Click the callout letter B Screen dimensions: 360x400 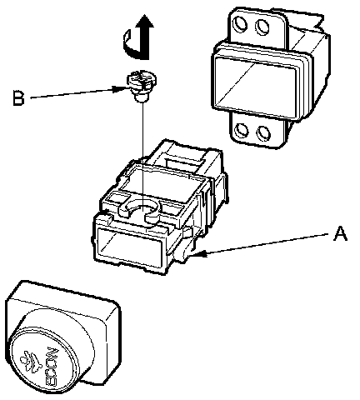click(18, 97)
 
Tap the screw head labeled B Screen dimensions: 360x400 click(142, 79)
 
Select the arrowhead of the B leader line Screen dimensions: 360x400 click(121, 89)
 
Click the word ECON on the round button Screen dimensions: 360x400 click(52, 367)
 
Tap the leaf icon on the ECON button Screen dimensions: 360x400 click(30, 361)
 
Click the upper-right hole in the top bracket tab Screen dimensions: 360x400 click(262, 27)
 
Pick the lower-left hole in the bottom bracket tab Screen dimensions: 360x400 click(241, 130)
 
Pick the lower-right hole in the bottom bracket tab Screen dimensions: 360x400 click(263, 133)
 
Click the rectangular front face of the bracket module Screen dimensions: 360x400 click(256, 83)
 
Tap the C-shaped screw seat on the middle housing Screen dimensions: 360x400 click(139, 212)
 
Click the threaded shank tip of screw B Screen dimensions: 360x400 click(141, 97)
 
